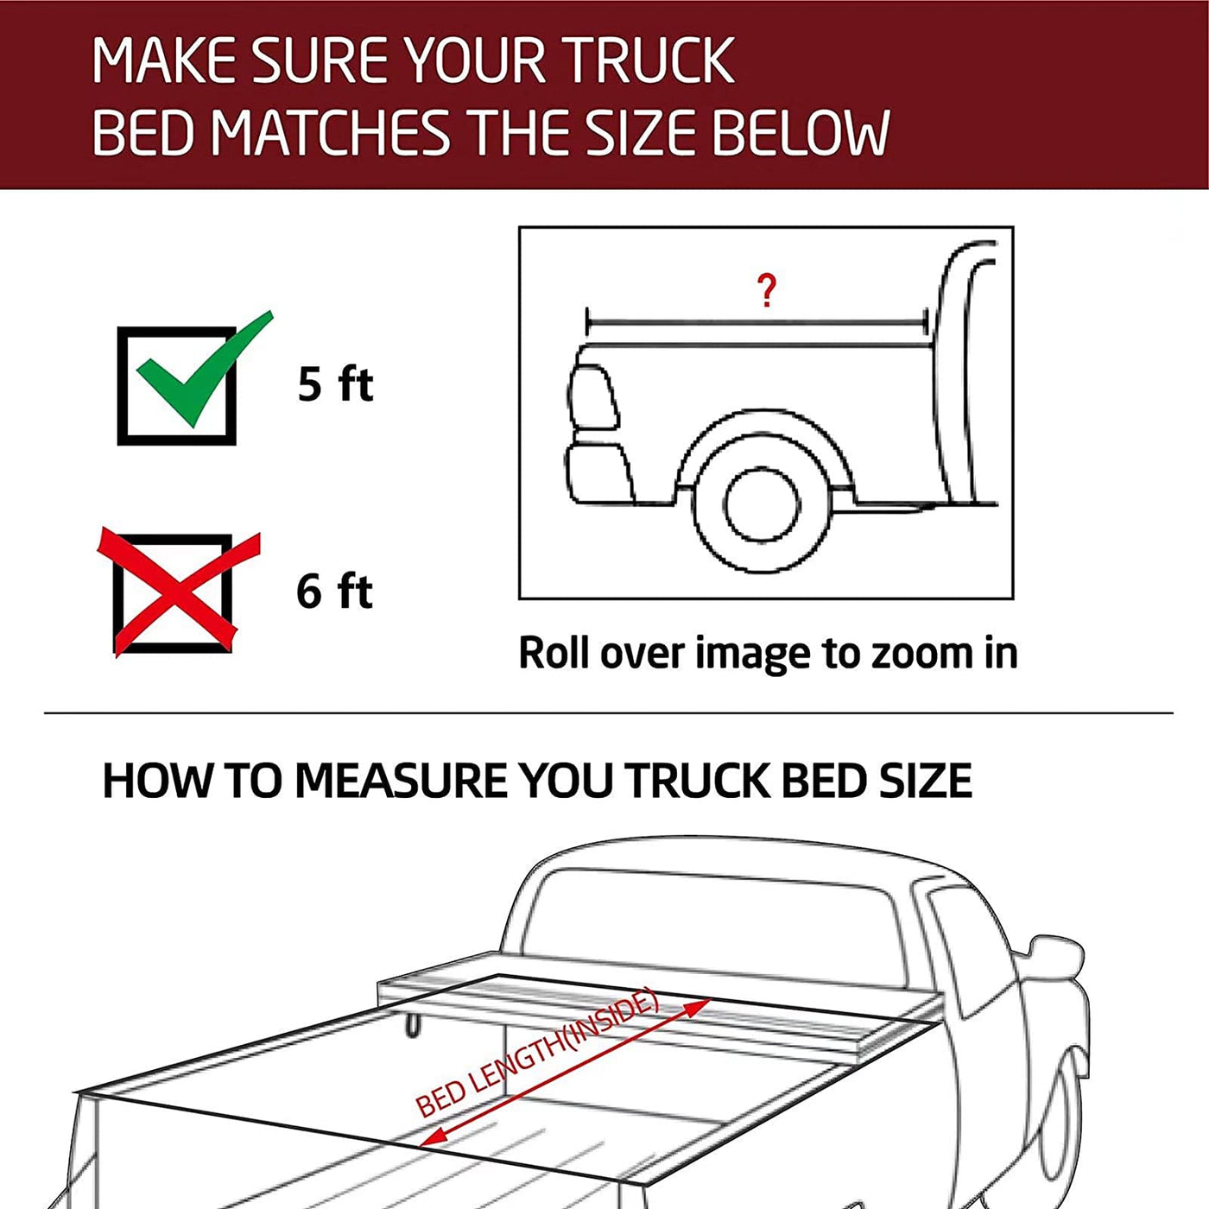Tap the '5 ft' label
pyautogui.click(x=335, y=383)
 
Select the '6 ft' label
pyautogui.click(x=334, y=591)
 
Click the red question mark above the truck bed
pyautogui.click(x=766, y=290)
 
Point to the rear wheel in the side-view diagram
pyautogui.click(x=763, y=505)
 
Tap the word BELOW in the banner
pyautogui.click(x=801, y=132)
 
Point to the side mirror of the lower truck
pyautogui.click(x=1056, y=972)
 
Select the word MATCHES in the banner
pyautogui.click(x=329, y=132)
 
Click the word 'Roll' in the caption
pyautogui.click(x=554, y=653)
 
